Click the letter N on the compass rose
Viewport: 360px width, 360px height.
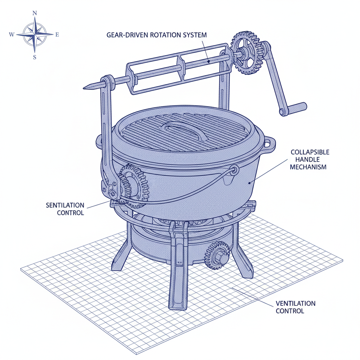34,13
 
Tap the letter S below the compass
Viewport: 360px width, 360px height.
34,57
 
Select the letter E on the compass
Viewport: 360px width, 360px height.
57,34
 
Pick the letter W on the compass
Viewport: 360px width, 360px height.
12,34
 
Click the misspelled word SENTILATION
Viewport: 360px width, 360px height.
65,205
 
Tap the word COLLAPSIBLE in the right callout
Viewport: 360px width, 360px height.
310,152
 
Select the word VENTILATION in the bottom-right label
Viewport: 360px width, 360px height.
295,303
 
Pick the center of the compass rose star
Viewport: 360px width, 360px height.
34,34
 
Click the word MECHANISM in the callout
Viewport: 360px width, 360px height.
308,167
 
